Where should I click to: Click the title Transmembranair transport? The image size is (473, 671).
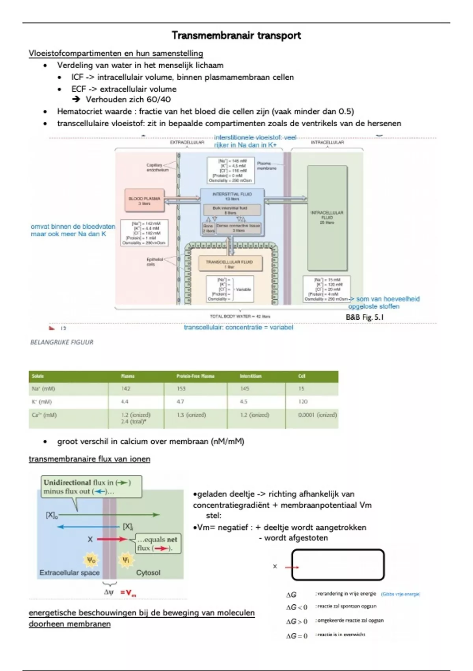[x=236, y=36]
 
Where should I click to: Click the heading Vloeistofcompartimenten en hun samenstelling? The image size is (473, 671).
[x=116, y=53]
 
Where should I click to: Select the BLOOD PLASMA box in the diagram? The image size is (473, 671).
[x=144, y=201]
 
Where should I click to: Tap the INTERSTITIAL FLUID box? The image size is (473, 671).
[x=232, y=196]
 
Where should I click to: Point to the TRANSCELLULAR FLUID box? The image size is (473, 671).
[x=229, y=264]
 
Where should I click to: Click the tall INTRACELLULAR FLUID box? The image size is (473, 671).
[x=327, y=218]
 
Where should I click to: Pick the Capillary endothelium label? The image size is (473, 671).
[x=157, y=167]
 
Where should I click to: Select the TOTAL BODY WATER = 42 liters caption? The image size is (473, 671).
[x=240, y=316]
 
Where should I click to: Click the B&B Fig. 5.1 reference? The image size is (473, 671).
[x=365, y=317]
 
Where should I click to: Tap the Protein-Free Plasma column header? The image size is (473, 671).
[x=196, y=376]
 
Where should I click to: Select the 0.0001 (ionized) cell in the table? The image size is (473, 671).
[x=317, y=415]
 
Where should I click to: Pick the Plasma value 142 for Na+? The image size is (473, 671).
[x=126, y=389]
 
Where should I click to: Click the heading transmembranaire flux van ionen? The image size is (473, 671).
[x=89, y=459]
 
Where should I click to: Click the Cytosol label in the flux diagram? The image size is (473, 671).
[x=148, y=572]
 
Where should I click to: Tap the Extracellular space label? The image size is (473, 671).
[x=69, y=572]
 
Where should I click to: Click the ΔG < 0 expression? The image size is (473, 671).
[x=296, y=607]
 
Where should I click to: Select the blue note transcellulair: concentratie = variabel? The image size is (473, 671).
[x=238, y=327]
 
